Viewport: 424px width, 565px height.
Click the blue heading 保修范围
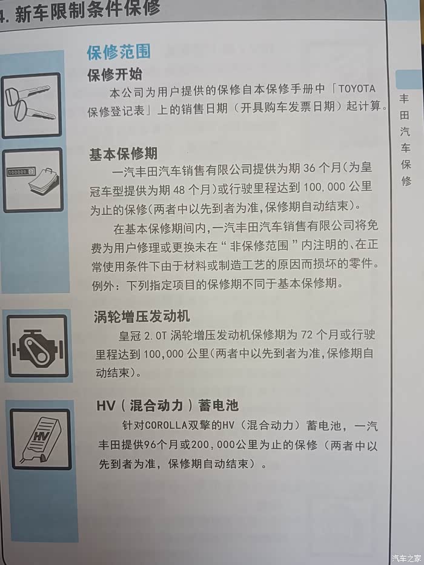119,53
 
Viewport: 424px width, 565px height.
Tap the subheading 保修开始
115,74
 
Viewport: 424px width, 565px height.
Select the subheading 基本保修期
124,154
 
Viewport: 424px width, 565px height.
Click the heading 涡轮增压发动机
142,316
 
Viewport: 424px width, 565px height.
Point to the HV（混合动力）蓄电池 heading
167,406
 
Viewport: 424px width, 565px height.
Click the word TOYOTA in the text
357,88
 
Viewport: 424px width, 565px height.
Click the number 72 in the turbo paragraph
306,335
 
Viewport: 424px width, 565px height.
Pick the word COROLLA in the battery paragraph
166,426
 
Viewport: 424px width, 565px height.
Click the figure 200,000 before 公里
213,445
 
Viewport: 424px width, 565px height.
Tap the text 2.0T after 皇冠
156,336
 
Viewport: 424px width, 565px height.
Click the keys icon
31,105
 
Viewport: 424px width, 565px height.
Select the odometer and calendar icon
33,180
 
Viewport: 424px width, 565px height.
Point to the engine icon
38,346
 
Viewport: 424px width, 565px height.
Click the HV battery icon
41,439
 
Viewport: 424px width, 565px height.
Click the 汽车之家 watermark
406,558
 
